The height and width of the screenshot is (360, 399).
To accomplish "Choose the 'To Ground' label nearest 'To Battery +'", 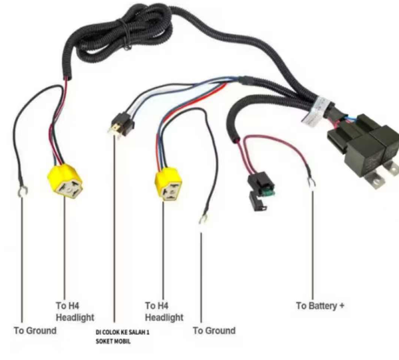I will pos(213,330).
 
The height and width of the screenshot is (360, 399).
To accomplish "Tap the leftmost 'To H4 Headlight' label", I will pos(74,312).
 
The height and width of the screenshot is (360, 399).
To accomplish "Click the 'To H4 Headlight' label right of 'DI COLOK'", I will pos(164,312).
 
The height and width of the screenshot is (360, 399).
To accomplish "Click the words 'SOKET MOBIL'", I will pos(112,341).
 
